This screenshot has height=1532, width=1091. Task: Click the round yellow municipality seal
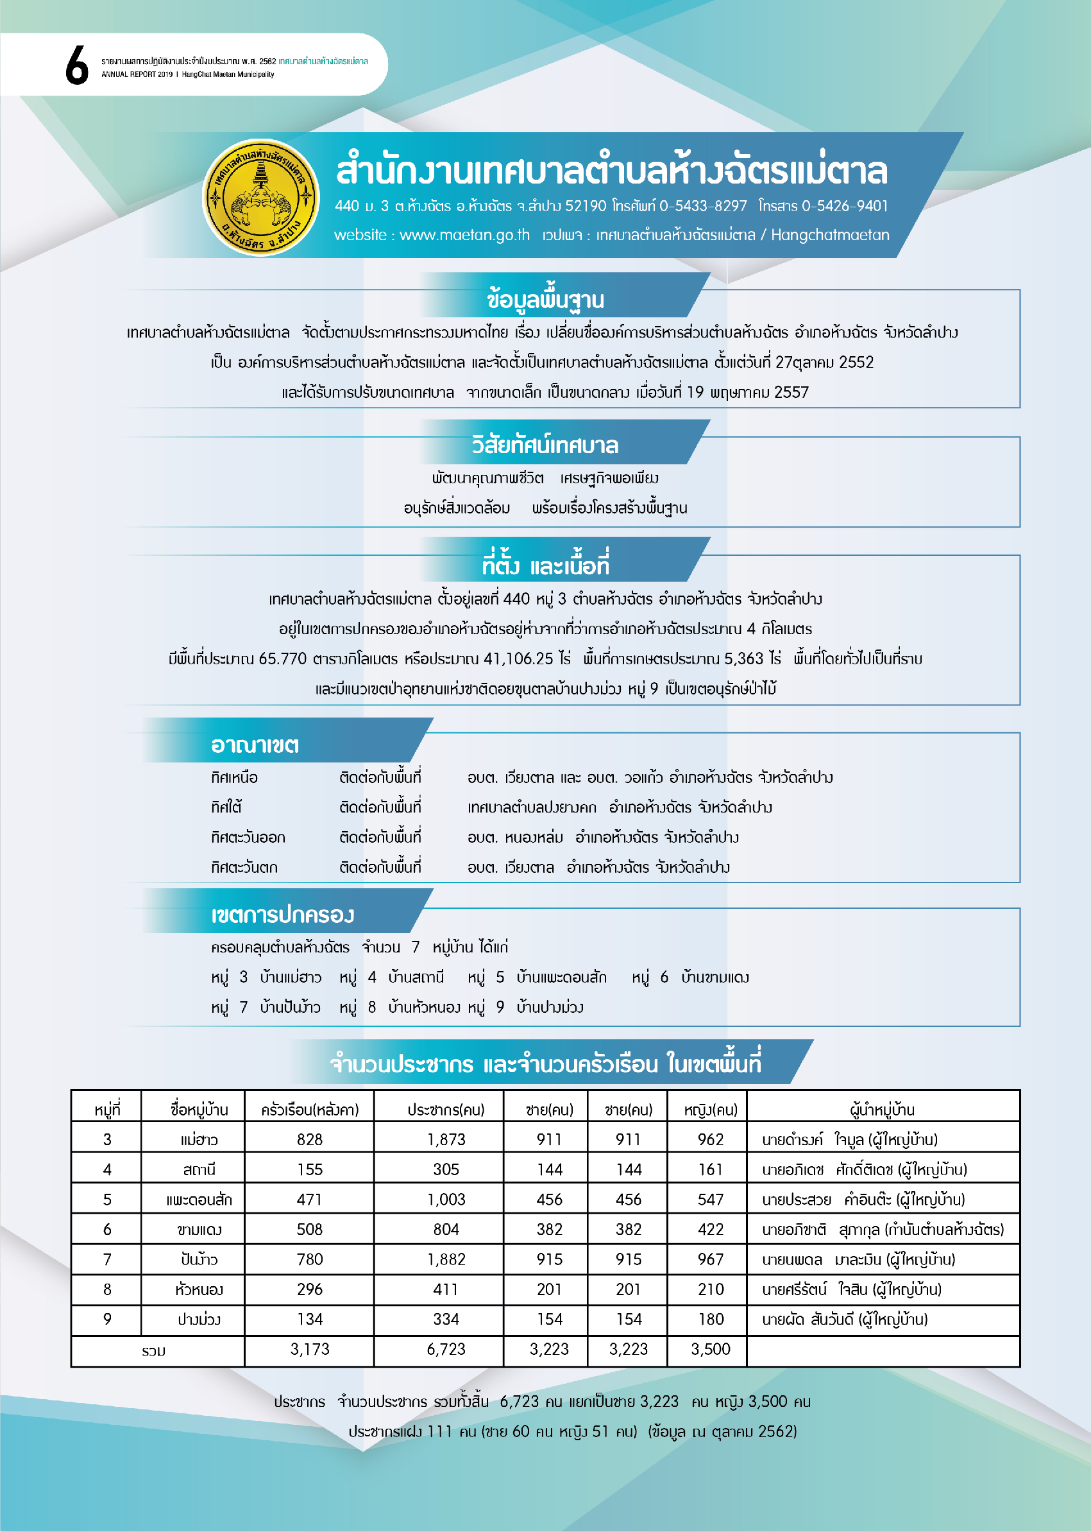coord(260,198)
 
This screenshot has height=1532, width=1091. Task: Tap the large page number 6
coord(76,66)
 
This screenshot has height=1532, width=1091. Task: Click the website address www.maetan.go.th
coord(464,235)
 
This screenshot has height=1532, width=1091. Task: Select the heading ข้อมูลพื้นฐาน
coord(545,300)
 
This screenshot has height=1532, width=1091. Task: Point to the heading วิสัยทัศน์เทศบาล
coord(545,445)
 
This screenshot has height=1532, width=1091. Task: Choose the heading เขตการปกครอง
coord(282,915)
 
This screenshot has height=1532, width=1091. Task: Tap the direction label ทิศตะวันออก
coord(248,838)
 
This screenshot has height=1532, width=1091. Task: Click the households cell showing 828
coord(310,1139)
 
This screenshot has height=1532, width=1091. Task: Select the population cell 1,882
coord(446,1259)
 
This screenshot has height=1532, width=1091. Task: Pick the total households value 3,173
coord(310,1349)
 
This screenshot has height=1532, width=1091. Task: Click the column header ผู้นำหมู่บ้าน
coord(882,1109)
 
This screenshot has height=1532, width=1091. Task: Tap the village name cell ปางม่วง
coord(199,1319)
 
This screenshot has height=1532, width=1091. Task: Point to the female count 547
coord(710,1200)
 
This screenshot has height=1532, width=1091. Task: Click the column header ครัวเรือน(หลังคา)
coord(310,1109)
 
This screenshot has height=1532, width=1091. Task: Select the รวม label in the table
coord(154,1350)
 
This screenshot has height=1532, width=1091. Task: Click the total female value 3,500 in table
coord(710,1349)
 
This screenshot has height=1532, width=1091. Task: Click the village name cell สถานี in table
coord(199,1169)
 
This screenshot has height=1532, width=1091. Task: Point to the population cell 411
coord(446,1289)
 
